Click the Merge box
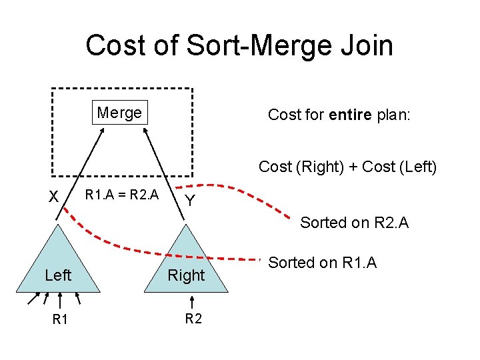pyautogui.click(x=119, y=113)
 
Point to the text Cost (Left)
pyautogui.click(x=399, y=167)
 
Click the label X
pyautogui.click(x=54, y=197)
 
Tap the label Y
pyautogui.click(x=190, y=201)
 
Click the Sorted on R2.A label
pyautogui.click(x=354, y=223)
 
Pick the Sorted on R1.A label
pyautogui.click(x=322, y=263)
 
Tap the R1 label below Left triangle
pyautogui.click(x=60, y=319)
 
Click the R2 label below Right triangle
pyautogui.click(x=193, y=319)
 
